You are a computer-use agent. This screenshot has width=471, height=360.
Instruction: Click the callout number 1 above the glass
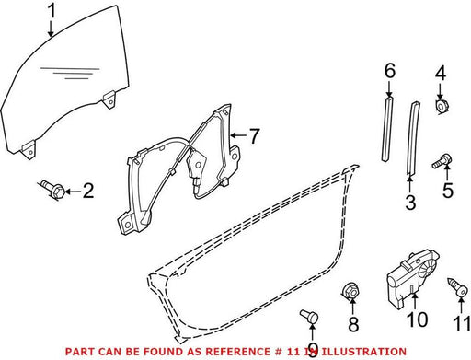[52, 11]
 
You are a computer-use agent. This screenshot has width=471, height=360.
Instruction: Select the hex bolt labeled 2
[52, 189]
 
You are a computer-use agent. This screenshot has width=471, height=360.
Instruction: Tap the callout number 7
[254, 135]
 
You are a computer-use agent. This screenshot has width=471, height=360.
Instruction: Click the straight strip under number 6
[387, 129]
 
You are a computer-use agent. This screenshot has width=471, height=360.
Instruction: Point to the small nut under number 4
[442, 107]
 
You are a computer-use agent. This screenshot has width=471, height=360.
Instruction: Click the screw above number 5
[442, 161]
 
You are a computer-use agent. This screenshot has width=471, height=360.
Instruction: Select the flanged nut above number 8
[350, 290]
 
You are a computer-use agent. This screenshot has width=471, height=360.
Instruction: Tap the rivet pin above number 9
[309, 316]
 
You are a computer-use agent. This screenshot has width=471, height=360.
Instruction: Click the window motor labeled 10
[411, 277]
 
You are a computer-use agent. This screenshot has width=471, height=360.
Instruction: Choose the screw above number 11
[458, 287]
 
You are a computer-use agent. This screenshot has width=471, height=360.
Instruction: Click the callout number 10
[418, 319]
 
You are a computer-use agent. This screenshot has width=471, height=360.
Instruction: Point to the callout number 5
[448, 191]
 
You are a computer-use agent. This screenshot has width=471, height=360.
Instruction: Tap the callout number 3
[410, 203]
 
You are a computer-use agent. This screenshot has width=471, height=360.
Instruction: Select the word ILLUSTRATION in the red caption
[363, 352]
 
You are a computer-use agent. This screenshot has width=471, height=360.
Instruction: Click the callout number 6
[390, 71]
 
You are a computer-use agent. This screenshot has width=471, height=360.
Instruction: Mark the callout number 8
[353, 324]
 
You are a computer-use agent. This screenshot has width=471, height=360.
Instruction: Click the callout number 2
[88, 191]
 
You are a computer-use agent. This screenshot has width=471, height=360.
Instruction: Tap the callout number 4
[441, 74]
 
